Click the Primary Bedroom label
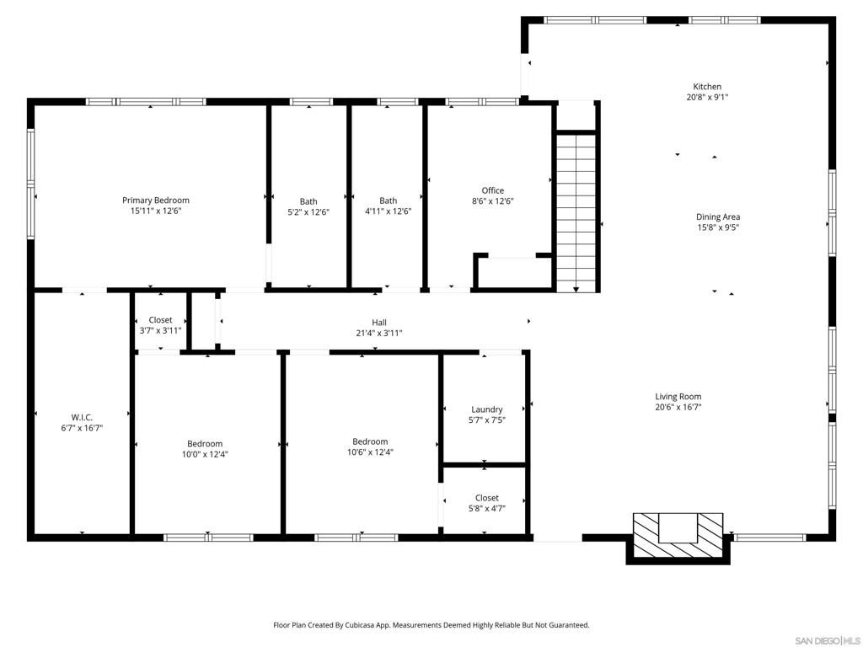click(x=156, y=201)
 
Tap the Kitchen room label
click(x=707, y=87)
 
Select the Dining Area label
click(x=718, y=217)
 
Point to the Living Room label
click(x=678, y=397)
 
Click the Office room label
click(x=493, y=190)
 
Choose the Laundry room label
click(x=487, y=409)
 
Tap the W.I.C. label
click(x=82, y=417)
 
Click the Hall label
click(x=379, y=323)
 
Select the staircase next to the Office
click(x=576, y=211)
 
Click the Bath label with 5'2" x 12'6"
click(x=308, y=201)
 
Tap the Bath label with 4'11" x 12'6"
click(x=388, y=201)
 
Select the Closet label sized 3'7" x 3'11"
click(x=160, y=320)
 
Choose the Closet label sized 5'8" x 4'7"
click(x=486, y=498)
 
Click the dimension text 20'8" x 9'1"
click(x=707, y=98)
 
